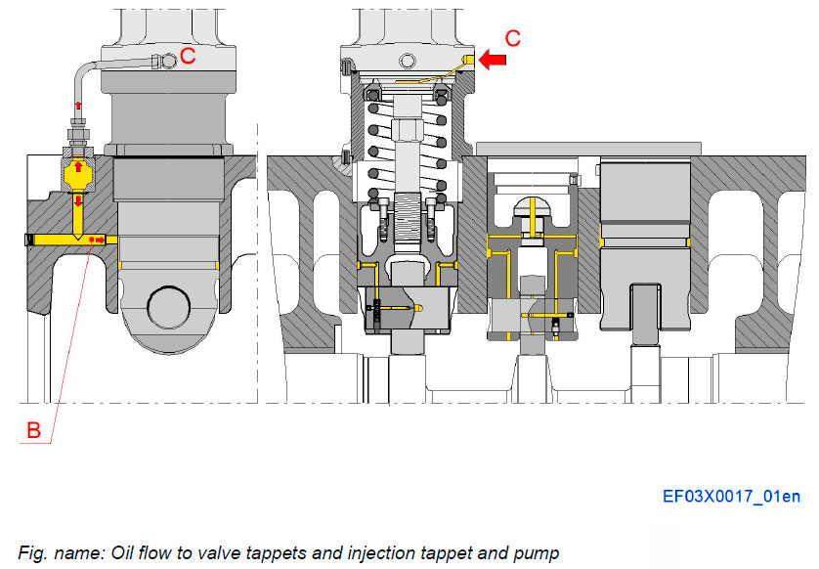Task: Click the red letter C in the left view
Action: click(x=189, y=57)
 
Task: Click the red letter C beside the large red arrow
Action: click(x=512, y=39)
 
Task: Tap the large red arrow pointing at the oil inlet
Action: click(x=491, y=61)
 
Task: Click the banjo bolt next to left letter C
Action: click(x=170, y=61)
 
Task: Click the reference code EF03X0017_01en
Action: click(x=731, y=497)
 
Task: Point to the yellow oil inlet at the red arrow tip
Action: click(x=468, y=61)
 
